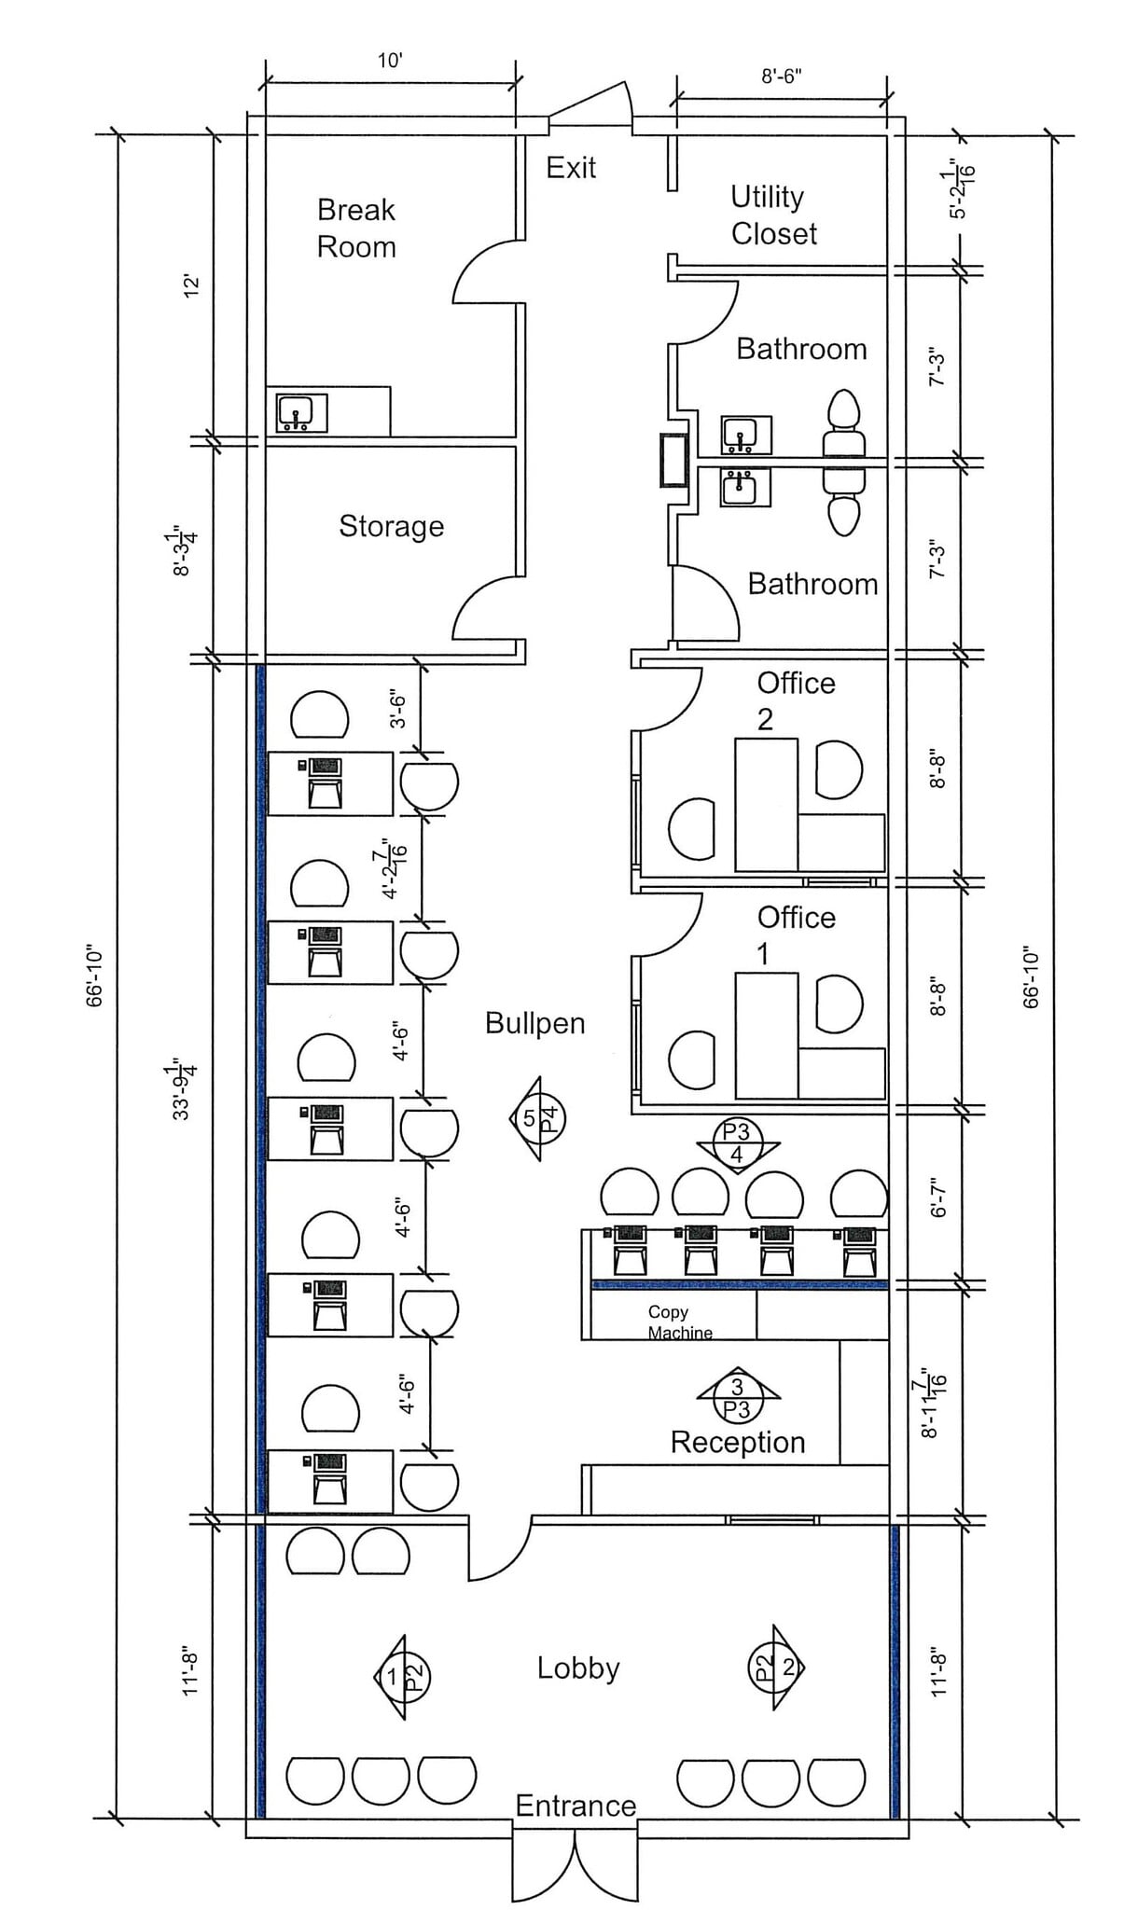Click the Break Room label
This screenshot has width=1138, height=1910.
356,228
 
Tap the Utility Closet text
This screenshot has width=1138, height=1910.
773,215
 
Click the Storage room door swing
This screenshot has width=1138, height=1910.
485,608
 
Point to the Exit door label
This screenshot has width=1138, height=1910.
571,168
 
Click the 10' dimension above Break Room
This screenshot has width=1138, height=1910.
390,62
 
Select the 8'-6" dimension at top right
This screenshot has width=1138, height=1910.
782,76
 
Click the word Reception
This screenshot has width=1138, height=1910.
737,1442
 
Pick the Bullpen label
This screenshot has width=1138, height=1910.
534,1023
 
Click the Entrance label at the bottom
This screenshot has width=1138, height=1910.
576,1806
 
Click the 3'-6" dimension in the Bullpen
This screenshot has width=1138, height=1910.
398,709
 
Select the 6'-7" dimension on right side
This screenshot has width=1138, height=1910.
939,1197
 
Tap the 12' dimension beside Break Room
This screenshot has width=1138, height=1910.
191,285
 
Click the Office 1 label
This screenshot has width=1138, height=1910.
796,935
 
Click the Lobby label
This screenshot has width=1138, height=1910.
577,1668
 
